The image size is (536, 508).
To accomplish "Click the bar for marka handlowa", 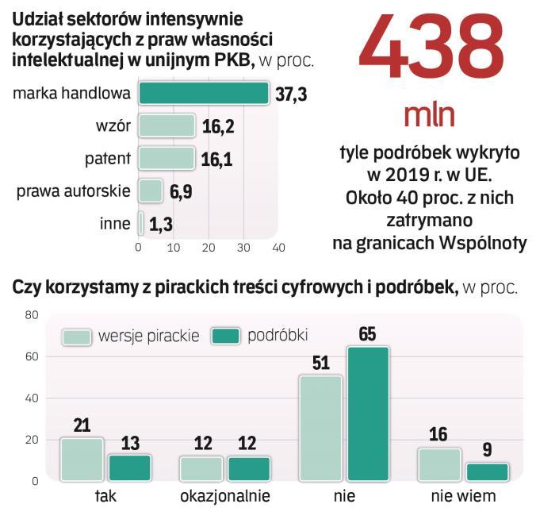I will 204,94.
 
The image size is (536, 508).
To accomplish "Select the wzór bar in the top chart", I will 167,125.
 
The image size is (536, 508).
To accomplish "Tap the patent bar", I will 167,158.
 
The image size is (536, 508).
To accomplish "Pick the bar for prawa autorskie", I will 151,190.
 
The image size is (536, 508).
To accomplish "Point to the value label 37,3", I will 291,94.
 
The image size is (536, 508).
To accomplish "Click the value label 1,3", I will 161,225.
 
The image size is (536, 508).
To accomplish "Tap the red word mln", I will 428,116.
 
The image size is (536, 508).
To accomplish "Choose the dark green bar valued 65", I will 366,414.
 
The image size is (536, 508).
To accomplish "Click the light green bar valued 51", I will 320,428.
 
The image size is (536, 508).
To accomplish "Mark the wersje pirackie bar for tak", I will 82,459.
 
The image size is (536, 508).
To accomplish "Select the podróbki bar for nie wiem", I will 486,471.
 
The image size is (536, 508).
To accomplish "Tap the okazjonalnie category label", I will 224,497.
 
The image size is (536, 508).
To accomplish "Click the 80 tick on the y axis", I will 31,315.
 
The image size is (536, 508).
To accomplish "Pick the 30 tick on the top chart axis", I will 243,248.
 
